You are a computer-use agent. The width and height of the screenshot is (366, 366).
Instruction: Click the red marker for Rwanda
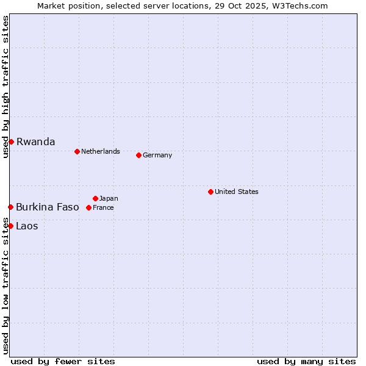point(11,142)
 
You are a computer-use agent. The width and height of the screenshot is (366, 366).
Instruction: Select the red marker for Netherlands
point(77,151)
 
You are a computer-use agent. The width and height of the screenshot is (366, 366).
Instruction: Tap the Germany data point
point(138,155)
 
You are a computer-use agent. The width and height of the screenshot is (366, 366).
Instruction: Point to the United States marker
point(210,192)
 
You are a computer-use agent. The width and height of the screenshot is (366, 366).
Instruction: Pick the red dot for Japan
point(95,198)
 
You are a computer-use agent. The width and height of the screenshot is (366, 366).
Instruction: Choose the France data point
point(88,207)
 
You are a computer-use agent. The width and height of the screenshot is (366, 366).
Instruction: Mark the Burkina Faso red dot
point(10,207)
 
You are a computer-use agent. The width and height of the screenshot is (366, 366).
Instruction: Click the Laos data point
point(10,226)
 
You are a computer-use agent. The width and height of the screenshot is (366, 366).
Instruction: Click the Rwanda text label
point(35,142)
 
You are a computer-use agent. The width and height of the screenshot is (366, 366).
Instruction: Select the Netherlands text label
point(101,151)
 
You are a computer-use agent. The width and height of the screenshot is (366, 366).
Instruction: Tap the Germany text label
point(157,155)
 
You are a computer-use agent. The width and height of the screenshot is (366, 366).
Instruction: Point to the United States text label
point(237,192)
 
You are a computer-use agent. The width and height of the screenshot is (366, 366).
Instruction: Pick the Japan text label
point(109,198)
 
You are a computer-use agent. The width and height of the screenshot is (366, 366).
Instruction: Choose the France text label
point(103,207)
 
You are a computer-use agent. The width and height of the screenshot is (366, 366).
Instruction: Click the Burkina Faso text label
point(48,207)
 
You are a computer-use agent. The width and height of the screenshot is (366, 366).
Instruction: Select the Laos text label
point(27,226)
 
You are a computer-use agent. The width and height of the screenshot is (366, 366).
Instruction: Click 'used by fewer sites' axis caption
point(63,361)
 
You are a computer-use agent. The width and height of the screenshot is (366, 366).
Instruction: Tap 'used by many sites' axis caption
point(306,361)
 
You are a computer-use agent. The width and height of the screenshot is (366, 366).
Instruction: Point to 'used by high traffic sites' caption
point(5,87)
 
